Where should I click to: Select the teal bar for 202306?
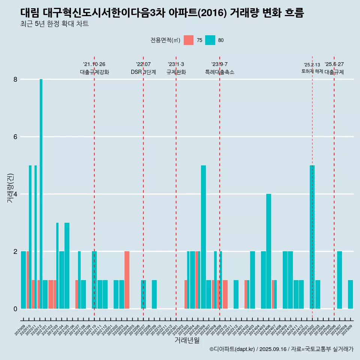pos(203,236)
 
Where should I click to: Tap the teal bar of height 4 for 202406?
pos(268,251)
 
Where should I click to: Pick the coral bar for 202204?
pos(127,280)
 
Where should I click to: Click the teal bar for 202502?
pos(312,236)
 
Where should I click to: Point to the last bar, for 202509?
pos(350,294)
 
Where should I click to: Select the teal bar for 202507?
pos(339,280)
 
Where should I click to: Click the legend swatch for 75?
pos(189,40)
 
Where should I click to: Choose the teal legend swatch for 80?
pos(210,40)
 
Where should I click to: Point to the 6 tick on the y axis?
pos(15,137)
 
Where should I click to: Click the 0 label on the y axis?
pos(15,309)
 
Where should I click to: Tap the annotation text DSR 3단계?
pos(143,72)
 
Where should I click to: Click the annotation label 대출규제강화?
pos(94,72)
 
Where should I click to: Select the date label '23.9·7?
pos(219,64)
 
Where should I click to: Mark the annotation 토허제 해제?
pos(312,71)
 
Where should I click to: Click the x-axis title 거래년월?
pos(187,340)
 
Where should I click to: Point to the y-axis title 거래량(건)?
pos(10,188)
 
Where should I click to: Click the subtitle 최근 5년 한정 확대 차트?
pos(54,24)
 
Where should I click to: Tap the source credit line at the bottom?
pos(281,349)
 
